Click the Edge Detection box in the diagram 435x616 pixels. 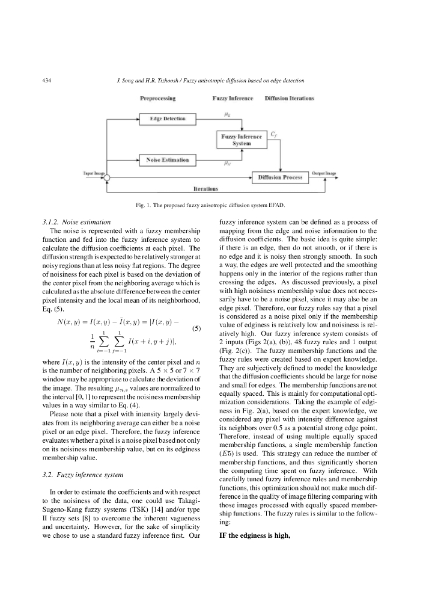click(168, 119)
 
